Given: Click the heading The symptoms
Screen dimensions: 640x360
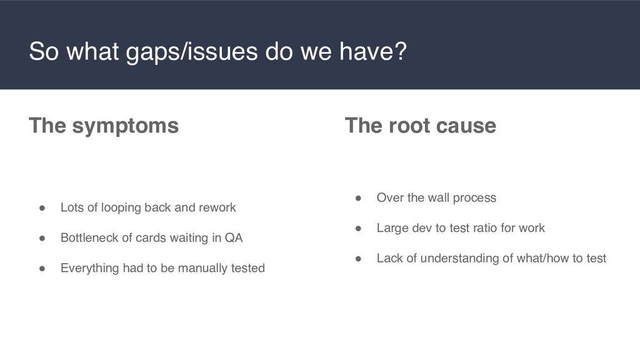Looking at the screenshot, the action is click(x=104, y=126).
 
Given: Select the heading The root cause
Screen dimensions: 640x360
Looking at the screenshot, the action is click(x=421, y=126).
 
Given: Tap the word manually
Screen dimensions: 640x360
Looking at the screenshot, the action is click(x=199, y=268).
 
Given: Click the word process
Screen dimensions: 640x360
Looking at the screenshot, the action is click(x=474, y=198).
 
